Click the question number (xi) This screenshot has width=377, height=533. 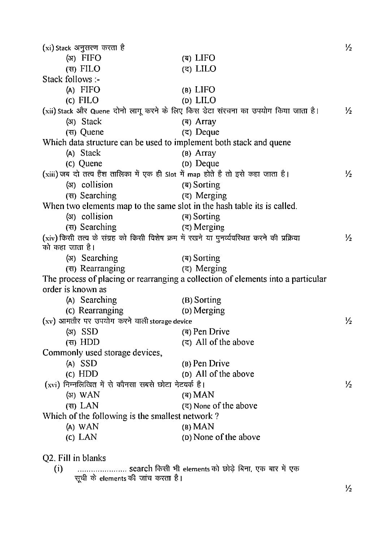pos(48,48)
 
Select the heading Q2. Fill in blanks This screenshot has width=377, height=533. pos(74,458)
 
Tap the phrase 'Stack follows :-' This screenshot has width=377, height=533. pos(71,79)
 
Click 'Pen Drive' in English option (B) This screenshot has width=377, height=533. pos(211,363)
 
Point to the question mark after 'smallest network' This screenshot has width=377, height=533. pos(217,416)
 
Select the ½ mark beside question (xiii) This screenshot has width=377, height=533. pos(348,174)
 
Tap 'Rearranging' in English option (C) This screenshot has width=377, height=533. pos(101,311)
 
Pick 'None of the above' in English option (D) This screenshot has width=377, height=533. pos(226,437)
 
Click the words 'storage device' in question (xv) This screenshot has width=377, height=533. pos(171,321)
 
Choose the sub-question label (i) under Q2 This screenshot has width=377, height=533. pos(58,469)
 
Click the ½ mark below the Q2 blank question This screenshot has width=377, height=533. pos(348,489)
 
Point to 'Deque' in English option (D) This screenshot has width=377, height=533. pos(207,164)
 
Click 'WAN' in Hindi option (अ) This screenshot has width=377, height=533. pos(90,395)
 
